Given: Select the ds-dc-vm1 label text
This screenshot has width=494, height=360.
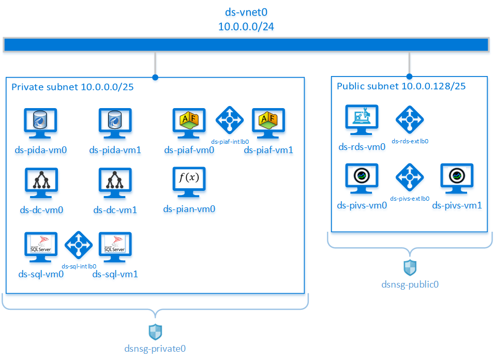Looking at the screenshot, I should pyautogui.click(x=115, y=210).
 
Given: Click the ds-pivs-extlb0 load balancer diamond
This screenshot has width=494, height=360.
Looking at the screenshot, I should pyautogui.click(x=410, y=178).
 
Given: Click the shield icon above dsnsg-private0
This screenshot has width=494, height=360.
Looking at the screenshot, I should pyautogui.click(x=155, y=332).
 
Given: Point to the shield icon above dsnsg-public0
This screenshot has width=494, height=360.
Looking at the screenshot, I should pyautogui.click(x=410, y=267).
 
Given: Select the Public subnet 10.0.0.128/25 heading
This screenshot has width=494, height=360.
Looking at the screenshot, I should pyautogui.click(x=401, y=86).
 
